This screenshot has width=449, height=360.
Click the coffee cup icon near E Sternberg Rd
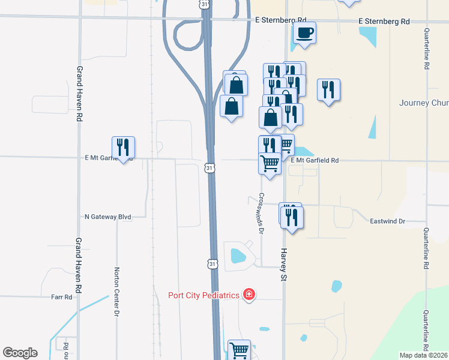[x=305, y=32]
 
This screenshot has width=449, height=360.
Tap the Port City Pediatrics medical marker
[x=249, y=295]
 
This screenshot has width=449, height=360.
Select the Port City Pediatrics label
[x=204, y=295]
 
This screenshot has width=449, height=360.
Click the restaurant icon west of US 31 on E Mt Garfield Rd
[x=123, y=147]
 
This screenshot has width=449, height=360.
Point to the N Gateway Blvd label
[x=108, y=216]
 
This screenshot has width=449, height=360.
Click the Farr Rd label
[x=61, y=296]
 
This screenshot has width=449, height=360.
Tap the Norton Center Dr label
[x=117, y=292]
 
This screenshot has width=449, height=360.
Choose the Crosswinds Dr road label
[x=262, y=212]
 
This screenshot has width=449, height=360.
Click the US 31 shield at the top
[x=205, y=4]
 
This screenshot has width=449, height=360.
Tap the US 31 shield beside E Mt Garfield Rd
[x=209, y=169]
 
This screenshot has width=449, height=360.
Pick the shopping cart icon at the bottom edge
[x=239, y=349]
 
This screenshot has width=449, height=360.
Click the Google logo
[x=20, y=352]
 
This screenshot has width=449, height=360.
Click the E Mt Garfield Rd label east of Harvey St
[x=315, y=160]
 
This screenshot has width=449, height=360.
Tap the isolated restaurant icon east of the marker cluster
[x=328, y=90]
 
